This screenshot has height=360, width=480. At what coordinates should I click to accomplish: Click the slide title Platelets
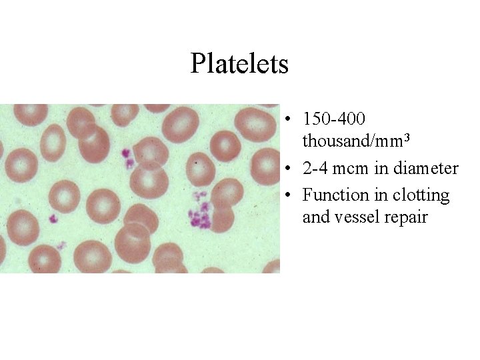(x=239, y=64)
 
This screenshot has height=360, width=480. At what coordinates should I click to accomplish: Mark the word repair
(x=403, y=217)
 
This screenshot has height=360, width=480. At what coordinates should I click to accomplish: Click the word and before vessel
(x=315, y=217)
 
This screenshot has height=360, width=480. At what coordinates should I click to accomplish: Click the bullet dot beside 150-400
(x=285, y=121)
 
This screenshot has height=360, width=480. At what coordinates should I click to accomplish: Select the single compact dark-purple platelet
(x=52, y=218)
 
